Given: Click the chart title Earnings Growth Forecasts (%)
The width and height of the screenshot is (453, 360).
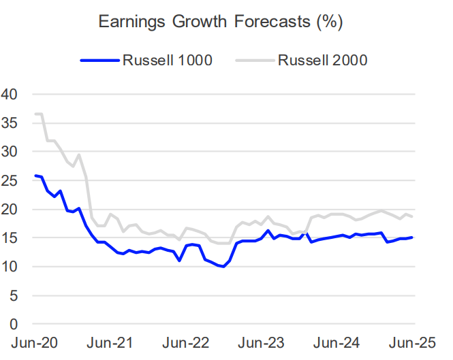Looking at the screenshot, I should point(220,21).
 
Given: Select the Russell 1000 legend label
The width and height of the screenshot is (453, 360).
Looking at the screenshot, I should point(168,61).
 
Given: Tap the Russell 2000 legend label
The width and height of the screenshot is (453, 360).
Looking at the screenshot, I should point(322,61).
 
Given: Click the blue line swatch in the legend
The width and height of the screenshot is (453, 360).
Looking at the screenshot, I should point(99,61).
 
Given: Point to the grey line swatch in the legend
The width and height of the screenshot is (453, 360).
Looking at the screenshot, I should point(255,61).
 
